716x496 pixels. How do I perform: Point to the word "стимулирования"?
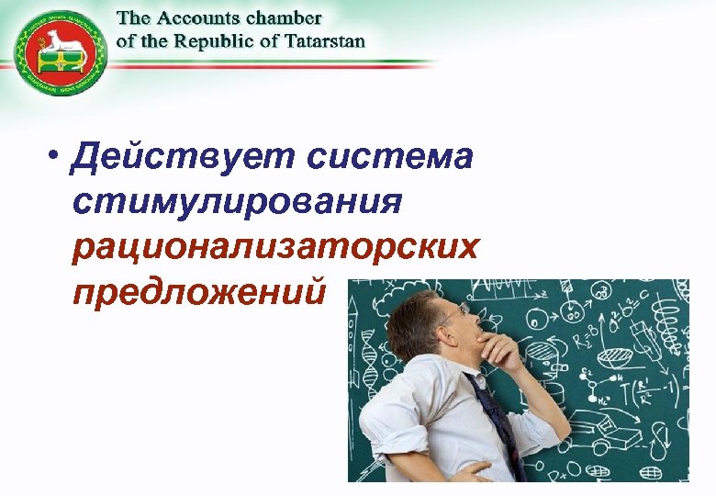click(x=235, y=201)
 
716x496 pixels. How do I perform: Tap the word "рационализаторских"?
click(x=276, y=245)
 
